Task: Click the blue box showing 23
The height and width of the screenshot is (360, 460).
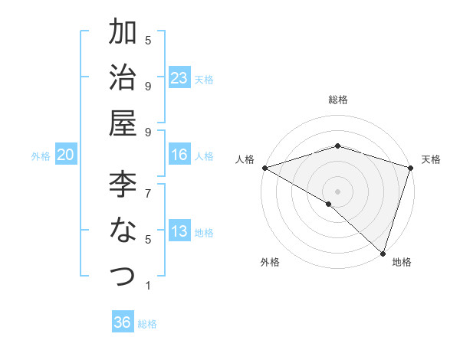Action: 179,77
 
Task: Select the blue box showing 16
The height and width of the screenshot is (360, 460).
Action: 179,155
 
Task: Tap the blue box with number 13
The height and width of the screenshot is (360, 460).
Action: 179,231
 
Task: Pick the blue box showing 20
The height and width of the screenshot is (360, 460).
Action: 66,155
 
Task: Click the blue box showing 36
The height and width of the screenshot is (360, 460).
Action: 123,322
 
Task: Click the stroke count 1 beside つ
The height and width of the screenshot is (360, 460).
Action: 148,286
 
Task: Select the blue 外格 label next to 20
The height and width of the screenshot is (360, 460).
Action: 41,155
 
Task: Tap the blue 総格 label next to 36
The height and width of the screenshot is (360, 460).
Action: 147,323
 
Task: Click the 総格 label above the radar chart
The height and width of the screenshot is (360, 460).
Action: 337,100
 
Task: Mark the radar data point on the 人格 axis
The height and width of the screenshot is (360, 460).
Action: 264,168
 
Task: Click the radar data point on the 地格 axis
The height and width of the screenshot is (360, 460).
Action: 383,253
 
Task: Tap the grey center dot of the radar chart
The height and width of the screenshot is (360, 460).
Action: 337,191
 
